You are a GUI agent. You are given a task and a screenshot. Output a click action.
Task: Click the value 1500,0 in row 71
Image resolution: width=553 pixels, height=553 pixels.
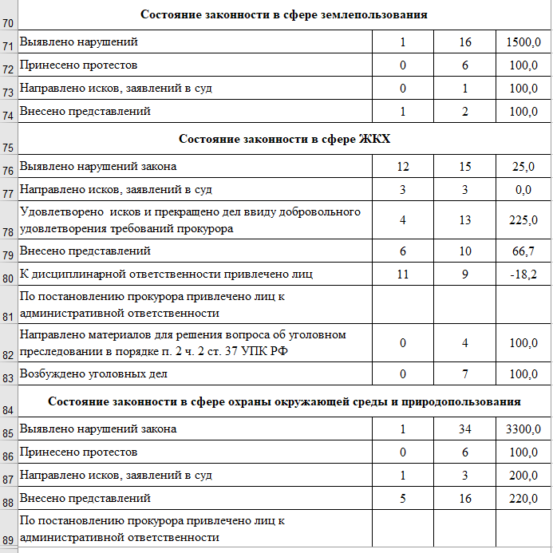pos(523,41)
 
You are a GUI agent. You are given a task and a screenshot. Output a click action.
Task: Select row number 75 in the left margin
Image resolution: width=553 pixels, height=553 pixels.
pos(9,148)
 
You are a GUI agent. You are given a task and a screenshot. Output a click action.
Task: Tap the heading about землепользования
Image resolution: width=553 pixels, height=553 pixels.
pos(284,14)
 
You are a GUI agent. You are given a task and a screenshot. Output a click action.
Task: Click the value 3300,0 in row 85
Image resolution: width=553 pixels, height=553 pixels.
pos(523,429)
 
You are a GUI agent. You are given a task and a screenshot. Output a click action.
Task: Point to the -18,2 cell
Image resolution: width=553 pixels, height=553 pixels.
pos(523,275)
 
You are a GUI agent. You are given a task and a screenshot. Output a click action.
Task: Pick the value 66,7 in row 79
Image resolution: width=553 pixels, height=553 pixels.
pos(523,251)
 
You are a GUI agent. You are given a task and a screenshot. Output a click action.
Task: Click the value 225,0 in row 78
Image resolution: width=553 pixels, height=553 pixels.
pos(523,220)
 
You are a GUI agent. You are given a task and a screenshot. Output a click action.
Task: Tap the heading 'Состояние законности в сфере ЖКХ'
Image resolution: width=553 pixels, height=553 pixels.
pos(284,139)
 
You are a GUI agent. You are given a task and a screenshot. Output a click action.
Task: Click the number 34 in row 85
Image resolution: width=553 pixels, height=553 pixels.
pos(464,429)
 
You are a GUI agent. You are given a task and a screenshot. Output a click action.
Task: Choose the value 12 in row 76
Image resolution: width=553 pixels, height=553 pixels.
pos(403,167)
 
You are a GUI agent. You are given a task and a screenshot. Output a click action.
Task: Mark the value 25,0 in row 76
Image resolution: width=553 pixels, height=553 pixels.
pos(523,167)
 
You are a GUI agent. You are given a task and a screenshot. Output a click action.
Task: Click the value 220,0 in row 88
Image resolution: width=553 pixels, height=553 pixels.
pos(523,499)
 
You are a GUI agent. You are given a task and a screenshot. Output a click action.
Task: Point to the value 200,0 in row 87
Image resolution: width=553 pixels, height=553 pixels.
pos(523,476)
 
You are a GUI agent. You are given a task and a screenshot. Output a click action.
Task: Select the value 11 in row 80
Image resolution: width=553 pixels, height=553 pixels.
pos(403,275)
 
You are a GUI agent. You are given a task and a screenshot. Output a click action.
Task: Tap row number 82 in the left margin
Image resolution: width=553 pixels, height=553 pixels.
pos(9,354)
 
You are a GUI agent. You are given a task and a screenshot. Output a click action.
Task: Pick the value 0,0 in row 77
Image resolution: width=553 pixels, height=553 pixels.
pos(523,190)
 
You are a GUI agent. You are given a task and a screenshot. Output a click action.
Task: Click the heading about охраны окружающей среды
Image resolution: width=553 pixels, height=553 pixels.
pos(284,401)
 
